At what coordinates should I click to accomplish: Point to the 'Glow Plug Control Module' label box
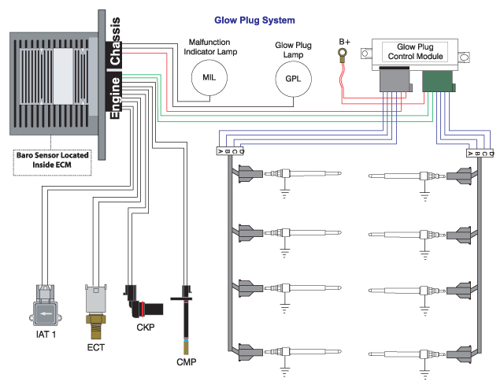(x=414, y=52)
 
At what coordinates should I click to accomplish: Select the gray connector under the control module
(x=395, y=80)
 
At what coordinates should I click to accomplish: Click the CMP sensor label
(x=186, y=362)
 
